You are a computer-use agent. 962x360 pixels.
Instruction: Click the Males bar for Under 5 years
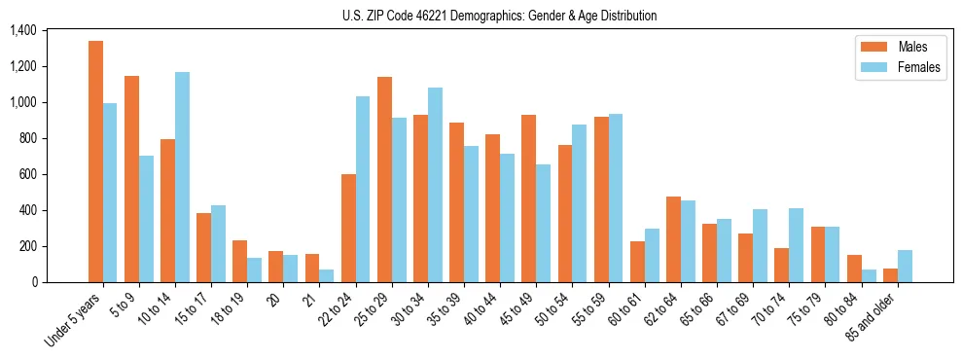95,162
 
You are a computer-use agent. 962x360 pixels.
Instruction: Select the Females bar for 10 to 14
183,177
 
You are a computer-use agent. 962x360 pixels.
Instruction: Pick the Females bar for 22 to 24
363,189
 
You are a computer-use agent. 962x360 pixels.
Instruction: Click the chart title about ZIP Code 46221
499,16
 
